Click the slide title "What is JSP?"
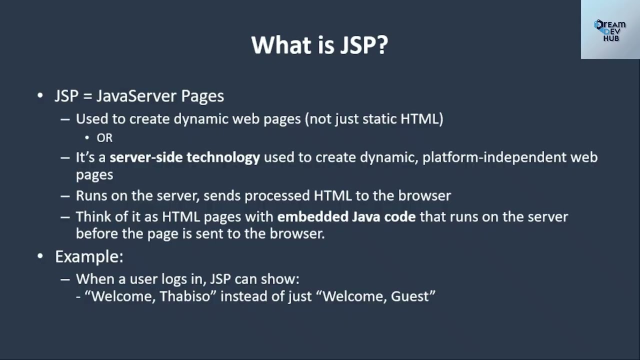point(319,45)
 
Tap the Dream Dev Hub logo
point(610,30)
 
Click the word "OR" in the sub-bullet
point(104,138)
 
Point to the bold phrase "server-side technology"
point(184,157)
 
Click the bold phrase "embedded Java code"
point(346,216)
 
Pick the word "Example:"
point(89,256)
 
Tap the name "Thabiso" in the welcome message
point(187,296)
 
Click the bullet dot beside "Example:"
point(40,256)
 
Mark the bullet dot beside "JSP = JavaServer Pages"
point(40,95)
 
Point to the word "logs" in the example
point(189,279)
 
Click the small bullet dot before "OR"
point(87,138)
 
